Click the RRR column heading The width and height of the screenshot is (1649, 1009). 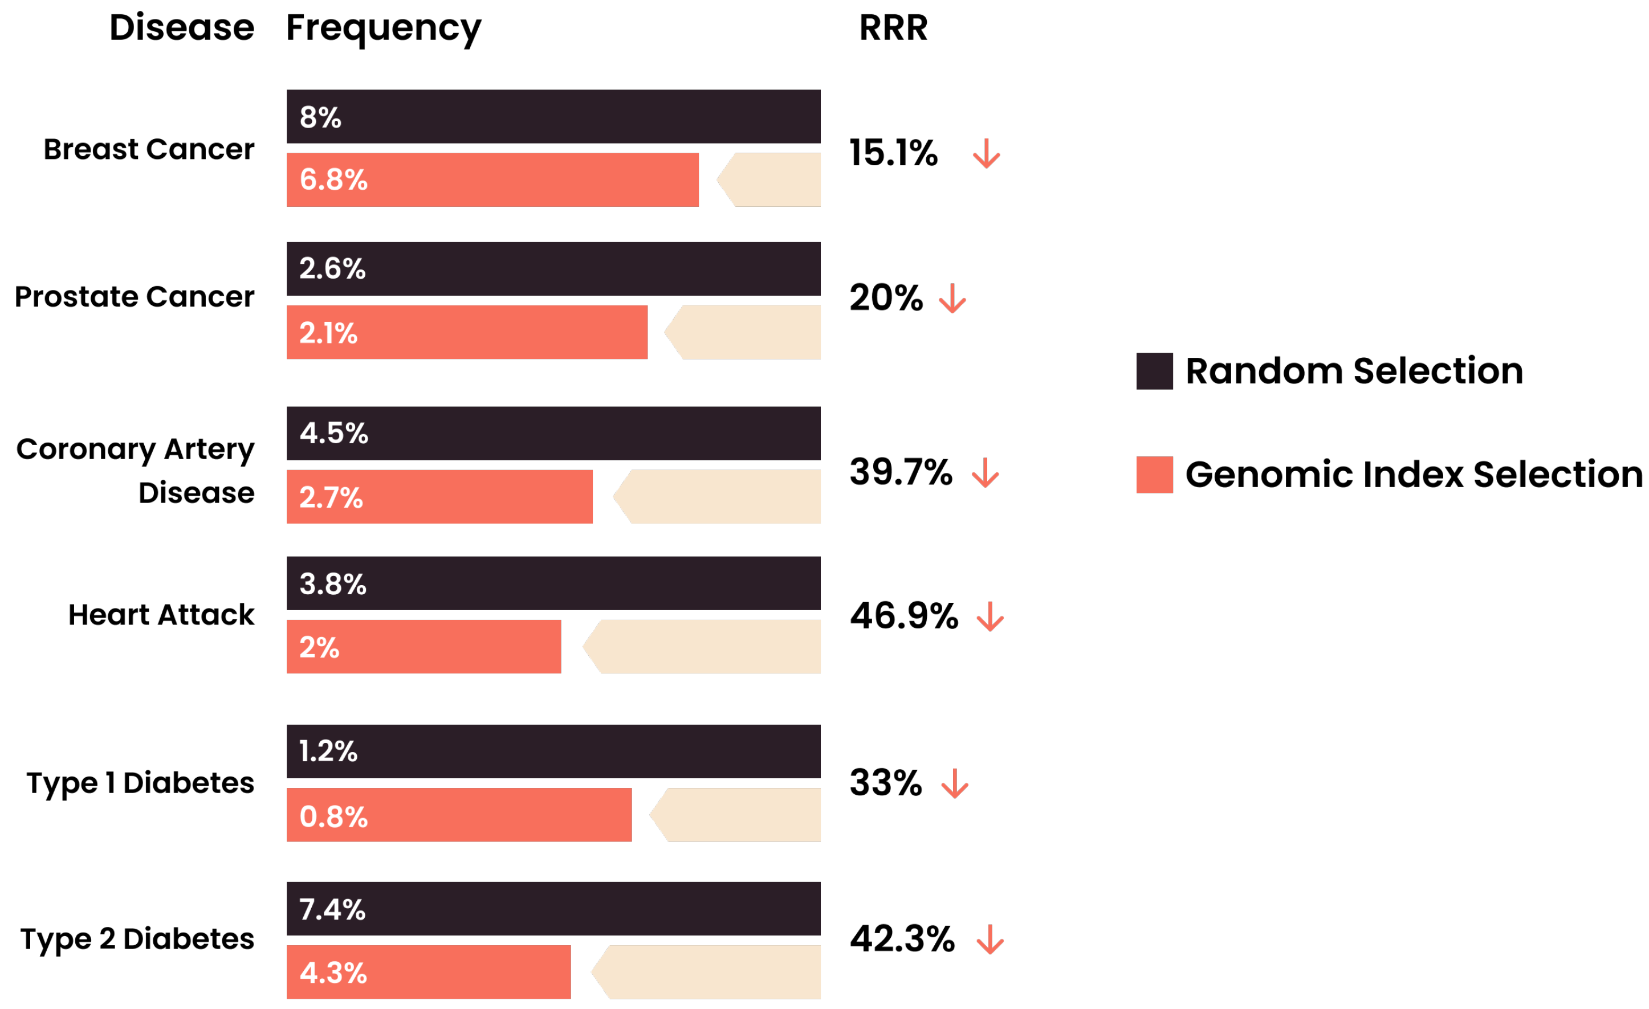[893, 28]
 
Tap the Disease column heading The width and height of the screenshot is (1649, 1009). [181, 28]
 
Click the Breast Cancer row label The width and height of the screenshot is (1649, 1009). [149, 149]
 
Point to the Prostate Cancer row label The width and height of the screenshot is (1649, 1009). [134, 296]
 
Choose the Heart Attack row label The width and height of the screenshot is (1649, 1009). [161, 614]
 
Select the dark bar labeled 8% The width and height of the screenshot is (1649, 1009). [553, 116]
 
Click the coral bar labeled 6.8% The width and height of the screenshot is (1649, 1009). [492, 180]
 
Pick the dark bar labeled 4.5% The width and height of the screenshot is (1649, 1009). [553, 434]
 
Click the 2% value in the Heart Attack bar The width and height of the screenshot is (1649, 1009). [319, 647]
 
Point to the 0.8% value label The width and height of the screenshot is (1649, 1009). [333, 816]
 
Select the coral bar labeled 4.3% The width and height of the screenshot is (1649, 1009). [428, 972]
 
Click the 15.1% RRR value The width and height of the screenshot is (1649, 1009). [893, 153]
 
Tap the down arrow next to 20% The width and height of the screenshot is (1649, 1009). [952, 299]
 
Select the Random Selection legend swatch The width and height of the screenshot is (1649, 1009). [1154, 371]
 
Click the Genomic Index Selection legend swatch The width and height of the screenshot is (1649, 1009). [1154, 475]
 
